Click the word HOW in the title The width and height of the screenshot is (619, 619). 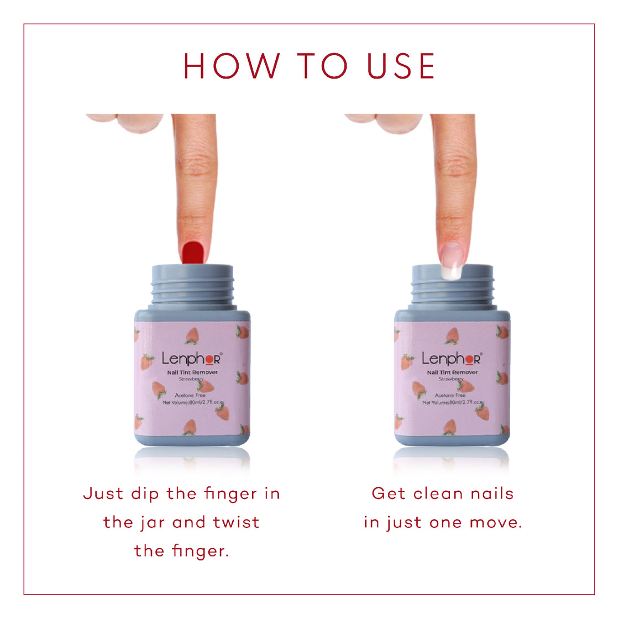(x=232, y=66)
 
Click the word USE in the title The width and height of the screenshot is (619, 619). (x=401, y=66)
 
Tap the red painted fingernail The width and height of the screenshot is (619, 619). (x=193, y=251)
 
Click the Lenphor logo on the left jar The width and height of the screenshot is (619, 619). (x=191, y=359)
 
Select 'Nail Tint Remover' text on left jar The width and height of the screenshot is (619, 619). (x=192, y=373)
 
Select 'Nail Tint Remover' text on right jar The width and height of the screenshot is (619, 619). (x=452, y=373)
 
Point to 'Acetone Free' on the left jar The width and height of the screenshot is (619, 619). (x=190, y=395)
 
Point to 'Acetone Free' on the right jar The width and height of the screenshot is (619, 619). (x=450, y=395)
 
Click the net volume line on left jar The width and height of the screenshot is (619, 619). (x=191, y=402)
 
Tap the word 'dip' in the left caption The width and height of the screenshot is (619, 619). (x=145, y=494)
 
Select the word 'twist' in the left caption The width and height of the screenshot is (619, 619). (x=237, y=522)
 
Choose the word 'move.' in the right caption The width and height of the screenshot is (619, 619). (x=496, y=522)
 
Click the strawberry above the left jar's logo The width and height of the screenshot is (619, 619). (x=192, y=335)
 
